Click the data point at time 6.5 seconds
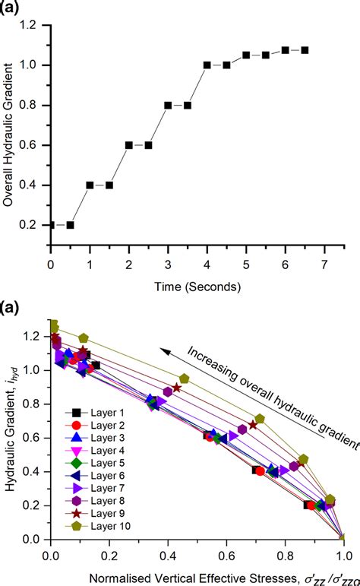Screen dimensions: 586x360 coord(305,50)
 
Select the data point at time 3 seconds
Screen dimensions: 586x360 coord(168,105)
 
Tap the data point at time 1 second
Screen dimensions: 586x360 coord(90,185)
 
